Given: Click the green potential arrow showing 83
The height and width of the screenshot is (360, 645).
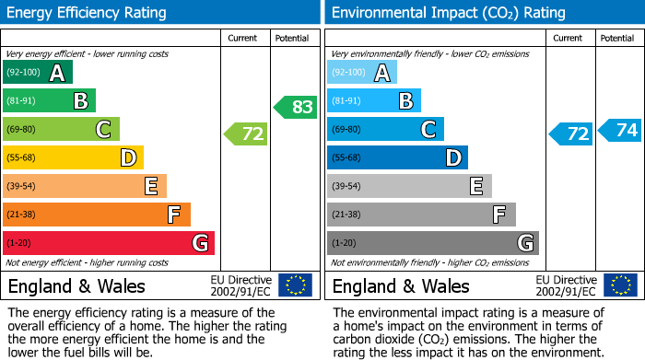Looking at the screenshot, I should pyautogui.click(x=295, y=107).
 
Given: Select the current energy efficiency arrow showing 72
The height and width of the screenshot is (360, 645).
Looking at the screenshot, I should pyautogui.click(x=246, y=134).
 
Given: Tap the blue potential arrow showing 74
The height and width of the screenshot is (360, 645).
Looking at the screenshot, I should pyautogui.click(x=620, y=131).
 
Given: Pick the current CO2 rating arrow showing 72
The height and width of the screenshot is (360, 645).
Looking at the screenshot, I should pyautogui.click(x=571, y=134).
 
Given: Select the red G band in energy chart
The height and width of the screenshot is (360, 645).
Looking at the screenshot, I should pyautogui.click(x=109, y=243).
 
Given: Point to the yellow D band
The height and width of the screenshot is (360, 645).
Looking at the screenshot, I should pyautogui.click(x=74, y=158).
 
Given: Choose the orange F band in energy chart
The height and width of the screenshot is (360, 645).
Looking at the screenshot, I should pyautogui.click(x=97, y=215).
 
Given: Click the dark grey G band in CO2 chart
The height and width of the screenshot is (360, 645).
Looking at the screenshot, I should pyautogui.click(x=432, y=243).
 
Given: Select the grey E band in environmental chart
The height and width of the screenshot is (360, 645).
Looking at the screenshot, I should pyautogui.click(x=409, y=187).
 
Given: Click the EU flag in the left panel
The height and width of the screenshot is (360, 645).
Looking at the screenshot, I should pyautogui.click(x=296, y=285).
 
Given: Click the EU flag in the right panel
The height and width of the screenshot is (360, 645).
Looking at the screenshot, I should pyautogui.click(x=621, y=285).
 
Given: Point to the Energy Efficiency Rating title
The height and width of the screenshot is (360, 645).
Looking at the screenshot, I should pyautogui.click(x=87, y=13).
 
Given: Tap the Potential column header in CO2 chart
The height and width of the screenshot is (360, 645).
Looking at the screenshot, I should pyautogui.click(x=617, y=38).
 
